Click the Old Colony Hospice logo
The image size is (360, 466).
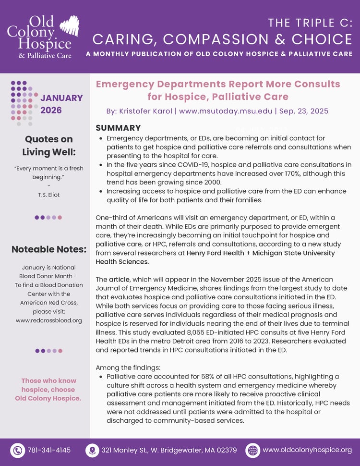[42, 37]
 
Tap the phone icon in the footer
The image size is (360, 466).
[18, 450]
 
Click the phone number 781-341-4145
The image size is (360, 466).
[49, 450]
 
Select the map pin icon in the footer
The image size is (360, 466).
[92, 450]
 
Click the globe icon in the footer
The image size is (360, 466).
[252, 450]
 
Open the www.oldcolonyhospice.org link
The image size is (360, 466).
[307, 450]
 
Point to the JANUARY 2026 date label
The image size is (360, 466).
[61, 104]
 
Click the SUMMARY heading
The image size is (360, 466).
[118, 128]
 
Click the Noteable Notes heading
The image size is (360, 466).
[48, 249]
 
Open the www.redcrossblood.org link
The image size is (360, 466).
[48, 320]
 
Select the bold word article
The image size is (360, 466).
[119, 279]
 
